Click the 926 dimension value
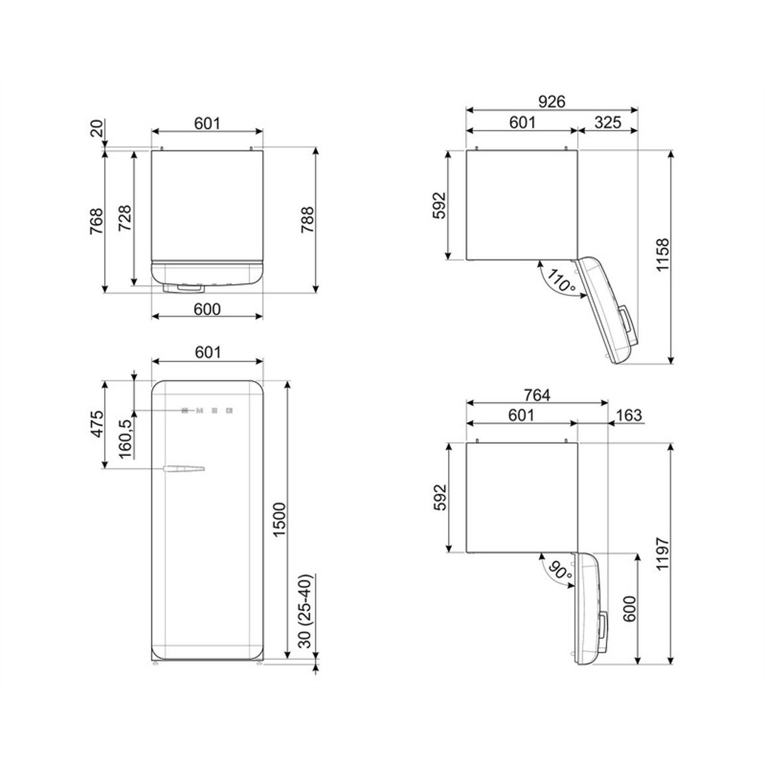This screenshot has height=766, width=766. [x=551, y=101]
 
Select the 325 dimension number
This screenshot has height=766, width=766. [x=608, y=122]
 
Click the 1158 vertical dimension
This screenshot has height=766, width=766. [x=662, y=255]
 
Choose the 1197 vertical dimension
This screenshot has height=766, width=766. [x=662, y=553]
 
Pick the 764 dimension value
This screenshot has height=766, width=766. [x=537, y=394]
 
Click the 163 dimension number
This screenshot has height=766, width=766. [x=629, y=415]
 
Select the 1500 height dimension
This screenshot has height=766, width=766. [x=278, y=520]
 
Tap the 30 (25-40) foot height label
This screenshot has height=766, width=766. [x=305, y=611]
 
